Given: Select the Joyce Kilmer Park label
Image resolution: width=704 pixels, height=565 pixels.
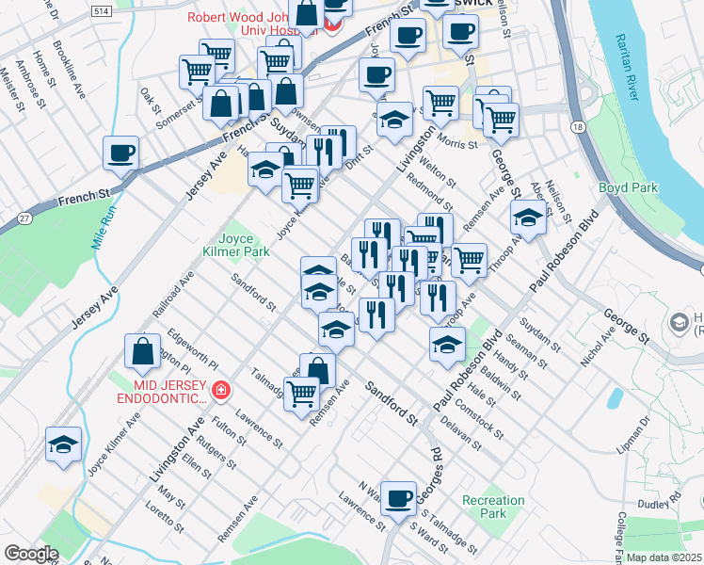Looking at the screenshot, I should [244, 245].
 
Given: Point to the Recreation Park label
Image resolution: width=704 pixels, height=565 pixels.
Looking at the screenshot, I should [493, 507].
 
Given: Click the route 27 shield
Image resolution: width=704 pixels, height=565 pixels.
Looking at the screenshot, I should [21, 218].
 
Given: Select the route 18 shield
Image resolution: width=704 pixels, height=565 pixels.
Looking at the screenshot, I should [576, 125].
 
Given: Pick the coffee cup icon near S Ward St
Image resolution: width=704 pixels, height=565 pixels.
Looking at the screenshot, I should [399, 499].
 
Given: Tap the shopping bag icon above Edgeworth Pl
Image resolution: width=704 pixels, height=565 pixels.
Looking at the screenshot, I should [142, 353].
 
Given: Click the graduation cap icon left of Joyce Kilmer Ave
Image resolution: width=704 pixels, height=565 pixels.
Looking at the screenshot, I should [63, 445].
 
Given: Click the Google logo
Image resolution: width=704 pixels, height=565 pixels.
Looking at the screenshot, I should [31, 553].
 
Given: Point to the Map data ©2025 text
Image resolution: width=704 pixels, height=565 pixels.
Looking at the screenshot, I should [663, 557].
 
